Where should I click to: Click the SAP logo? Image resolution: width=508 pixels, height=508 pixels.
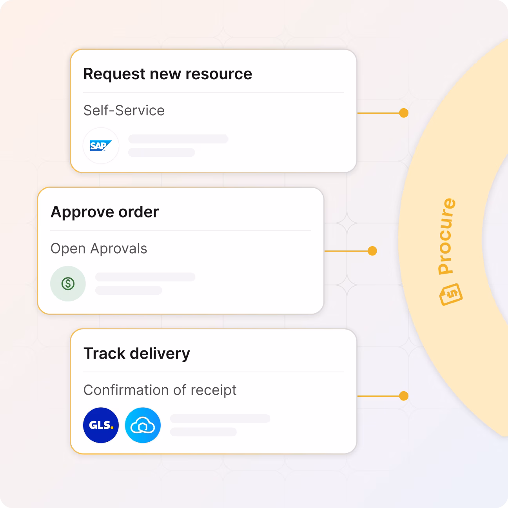[101, 146]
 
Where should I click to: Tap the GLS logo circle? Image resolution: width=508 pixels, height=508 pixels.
[101, 425]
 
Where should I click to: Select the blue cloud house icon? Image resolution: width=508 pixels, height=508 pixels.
[143, 425]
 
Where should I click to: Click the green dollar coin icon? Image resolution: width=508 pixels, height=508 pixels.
[68, 284]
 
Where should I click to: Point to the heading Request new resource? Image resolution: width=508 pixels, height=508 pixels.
[167, 74]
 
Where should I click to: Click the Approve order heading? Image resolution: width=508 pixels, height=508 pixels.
[105, 212]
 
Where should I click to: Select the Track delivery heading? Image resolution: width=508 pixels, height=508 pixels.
[136, 354]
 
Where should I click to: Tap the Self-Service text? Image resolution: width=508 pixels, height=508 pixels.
[124, 111]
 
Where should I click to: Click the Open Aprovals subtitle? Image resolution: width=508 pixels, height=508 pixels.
[99, 249]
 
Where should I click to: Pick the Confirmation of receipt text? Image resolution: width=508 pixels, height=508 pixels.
[160, 390]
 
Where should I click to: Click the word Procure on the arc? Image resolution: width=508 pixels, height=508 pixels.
[447, 236]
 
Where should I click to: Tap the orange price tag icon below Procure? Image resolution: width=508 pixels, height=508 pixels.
[451, 294]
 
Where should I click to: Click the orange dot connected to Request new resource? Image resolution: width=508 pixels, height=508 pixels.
[403, 113]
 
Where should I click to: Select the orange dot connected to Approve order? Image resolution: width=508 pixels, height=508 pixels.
[372, 251]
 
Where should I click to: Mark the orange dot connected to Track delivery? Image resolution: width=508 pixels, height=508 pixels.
[403, 396]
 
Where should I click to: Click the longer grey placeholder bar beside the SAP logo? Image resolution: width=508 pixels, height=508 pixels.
[178, 139]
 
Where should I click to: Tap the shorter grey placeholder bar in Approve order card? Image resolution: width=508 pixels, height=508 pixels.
[129, 290]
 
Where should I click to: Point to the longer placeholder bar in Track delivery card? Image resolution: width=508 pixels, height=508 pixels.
[220, 418]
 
